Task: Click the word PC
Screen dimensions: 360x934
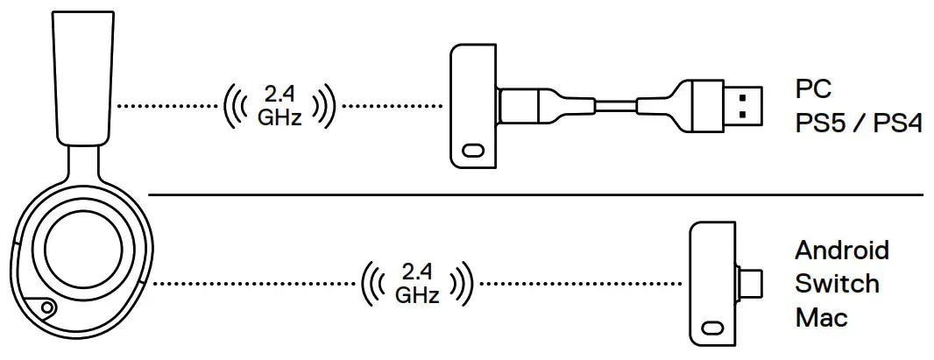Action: pos(814,90)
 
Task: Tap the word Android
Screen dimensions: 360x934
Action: pos(841,251)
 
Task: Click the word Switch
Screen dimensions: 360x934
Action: pos(837,284)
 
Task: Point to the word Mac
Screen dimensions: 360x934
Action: pos(821,316)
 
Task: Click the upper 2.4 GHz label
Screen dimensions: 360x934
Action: pos(279,106)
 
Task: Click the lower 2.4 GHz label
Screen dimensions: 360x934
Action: pos(417,284)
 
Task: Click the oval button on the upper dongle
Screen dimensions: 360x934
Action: pos(474,151)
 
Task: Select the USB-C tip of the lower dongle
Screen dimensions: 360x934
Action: pos(752,283)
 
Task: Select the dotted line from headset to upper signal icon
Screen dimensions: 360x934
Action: pos(166,106)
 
